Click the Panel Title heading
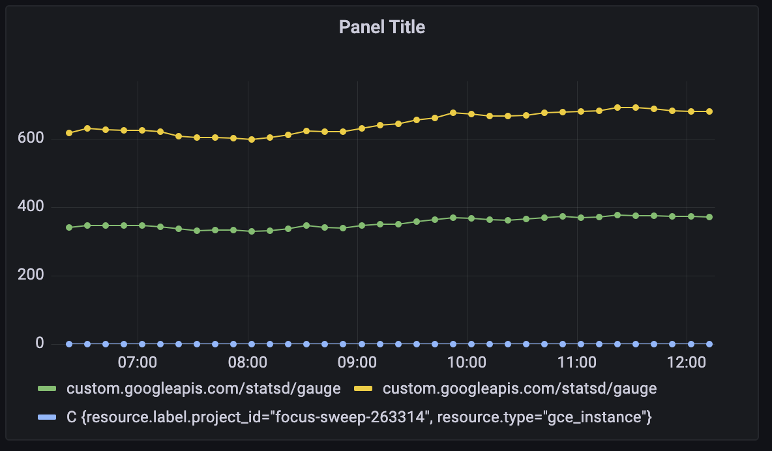click(x=382, y=27)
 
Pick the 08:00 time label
click(x=248, y=362)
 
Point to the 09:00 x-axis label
click(x=358, y=362)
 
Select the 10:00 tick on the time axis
click(x=468, y=362)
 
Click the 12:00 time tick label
click(x=687, y=362)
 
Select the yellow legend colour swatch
click(x=363, y=389)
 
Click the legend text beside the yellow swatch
click(x=519, y=389)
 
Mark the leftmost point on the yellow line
click(x=69, y=133)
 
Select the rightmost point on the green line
click(x=709, y=217)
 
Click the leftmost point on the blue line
click(x=69, y=343)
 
